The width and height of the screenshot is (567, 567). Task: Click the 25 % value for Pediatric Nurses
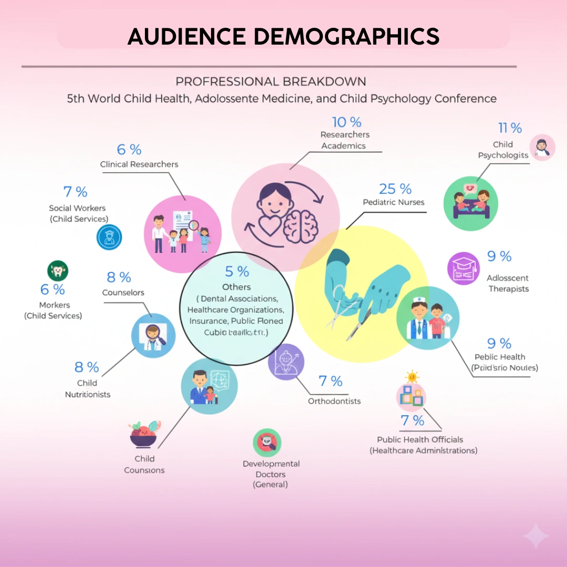click(395, 189)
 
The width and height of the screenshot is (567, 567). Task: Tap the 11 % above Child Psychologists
click(510, 128)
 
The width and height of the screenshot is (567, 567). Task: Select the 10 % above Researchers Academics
click(346, 122)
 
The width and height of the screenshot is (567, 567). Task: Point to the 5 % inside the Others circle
click(237, 271)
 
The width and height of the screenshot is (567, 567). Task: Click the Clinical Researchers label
click(139, 164)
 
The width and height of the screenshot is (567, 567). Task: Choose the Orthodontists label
click(334, 401)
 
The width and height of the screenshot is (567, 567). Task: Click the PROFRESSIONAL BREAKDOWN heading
click(271, 82)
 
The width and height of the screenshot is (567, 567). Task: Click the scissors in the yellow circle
click(342, 304)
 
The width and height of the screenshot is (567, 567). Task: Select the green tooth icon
click(58, 271)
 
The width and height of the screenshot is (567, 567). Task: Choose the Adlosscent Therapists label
click(508, 283)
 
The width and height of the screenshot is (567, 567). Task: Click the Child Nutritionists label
click(88, 388)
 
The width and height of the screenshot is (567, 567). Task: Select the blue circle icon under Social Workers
click(109, 237)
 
